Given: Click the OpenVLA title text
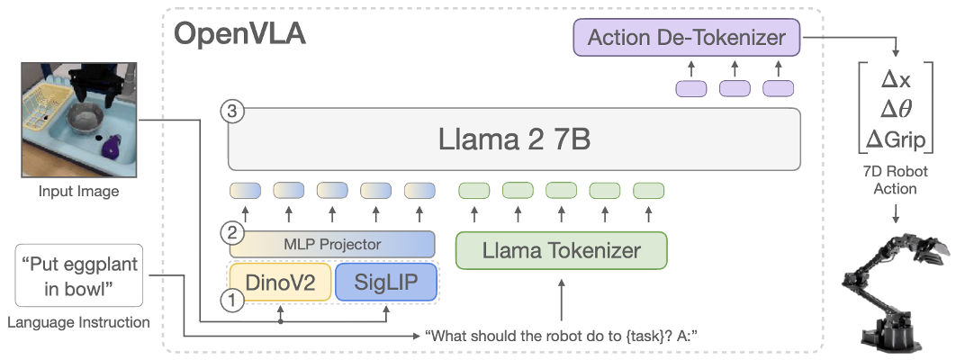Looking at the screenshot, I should click(x=239, y=35).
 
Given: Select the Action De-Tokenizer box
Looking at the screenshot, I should click(x=686, y=38).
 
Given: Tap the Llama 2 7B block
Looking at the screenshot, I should click(x=514, y=139).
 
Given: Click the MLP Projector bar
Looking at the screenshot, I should click(x=331, y=244).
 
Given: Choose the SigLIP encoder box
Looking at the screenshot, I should click(x=385, y=283).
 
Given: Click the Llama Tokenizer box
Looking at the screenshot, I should click(x=562, y=251).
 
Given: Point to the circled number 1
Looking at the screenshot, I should click(x=232, y=301).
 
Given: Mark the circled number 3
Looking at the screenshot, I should click(x=232, y=112).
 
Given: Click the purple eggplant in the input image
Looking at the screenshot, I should click(x=111, y=147).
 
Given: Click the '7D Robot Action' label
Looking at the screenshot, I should click(x=895, y=180).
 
